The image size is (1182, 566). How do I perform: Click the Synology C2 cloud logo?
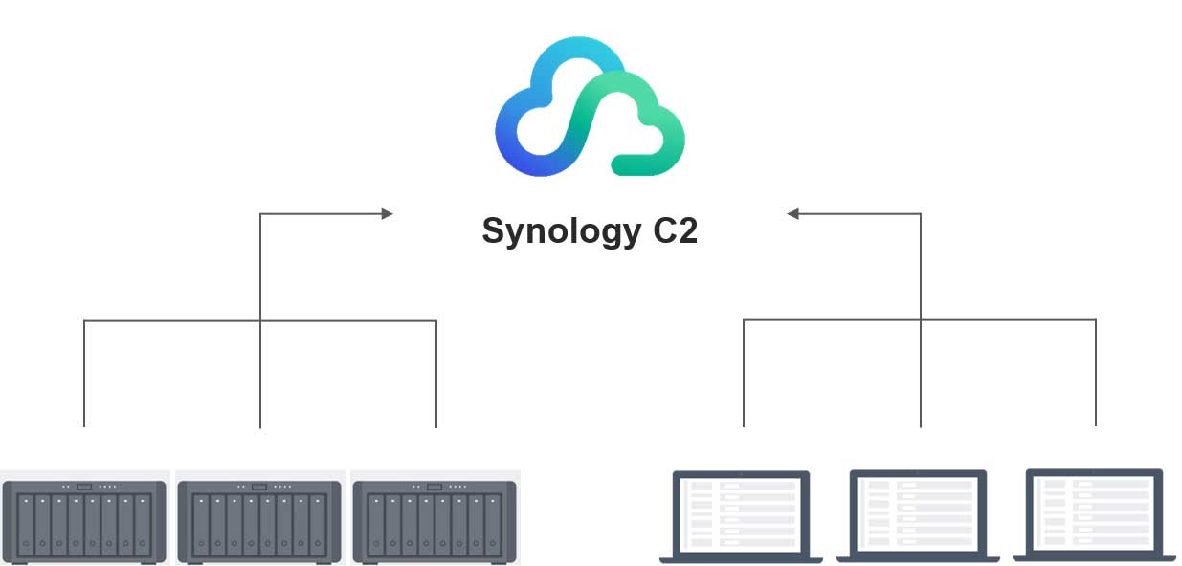pos(590,107)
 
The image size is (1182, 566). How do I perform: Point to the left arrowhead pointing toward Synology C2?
pos(388,213)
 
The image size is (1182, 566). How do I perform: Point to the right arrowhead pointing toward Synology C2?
pos(792,213)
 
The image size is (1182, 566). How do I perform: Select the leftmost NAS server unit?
pos(84,522)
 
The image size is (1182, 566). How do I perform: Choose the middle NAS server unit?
pos(260,522)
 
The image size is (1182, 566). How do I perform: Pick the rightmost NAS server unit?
pos(435,522)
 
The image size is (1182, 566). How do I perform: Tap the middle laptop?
pos(918,514)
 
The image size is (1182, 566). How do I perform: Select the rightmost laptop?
pos(1095,513)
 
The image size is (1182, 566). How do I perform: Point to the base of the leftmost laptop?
pos(742,556)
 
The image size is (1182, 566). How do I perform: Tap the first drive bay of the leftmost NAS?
pos(26,524)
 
